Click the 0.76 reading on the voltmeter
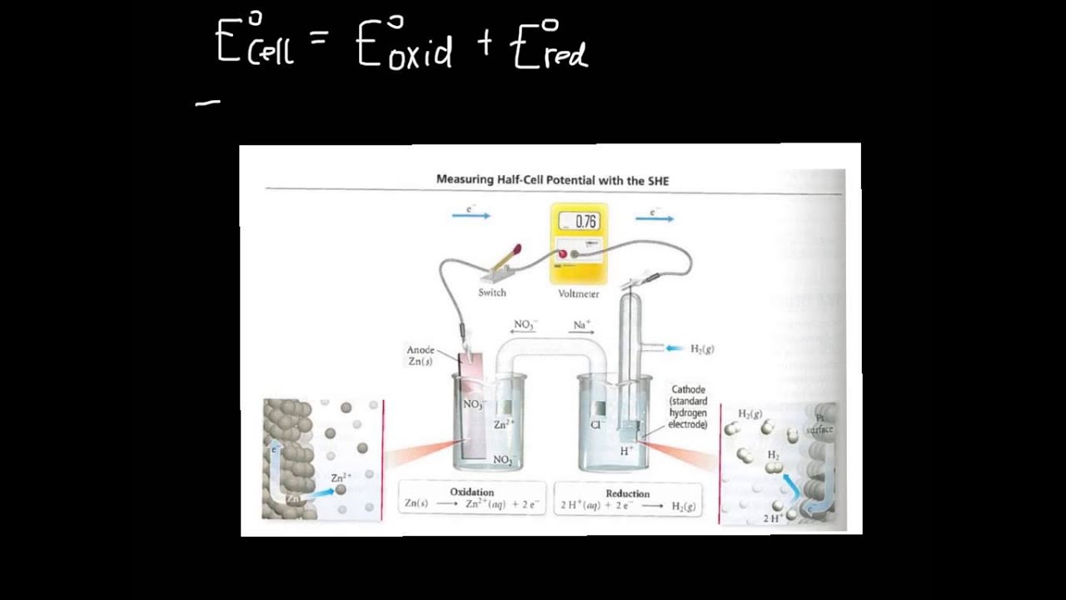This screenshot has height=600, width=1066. (585, 222)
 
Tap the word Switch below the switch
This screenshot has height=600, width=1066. (492, 292)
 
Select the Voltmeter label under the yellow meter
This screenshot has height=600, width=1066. (579, 294)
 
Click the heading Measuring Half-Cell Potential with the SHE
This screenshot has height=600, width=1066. (552, 179)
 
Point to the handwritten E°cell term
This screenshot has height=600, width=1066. (254, 42)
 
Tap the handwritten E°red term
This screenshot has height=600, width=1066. (550, 45)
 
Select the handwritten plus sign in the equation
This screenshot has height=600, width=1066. (485, 46)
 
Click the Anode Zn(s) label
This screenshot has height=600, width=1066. (421, 356)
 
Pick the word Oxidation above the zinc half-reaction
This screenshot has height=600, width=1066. (472, 492)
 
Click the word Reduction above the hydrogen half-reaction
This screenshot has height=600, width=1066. (627, 493)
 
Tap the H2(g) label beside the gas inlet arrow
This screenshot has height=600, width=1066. (702, 348)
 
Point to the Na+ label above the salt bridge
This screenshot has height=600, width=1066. (581, 324)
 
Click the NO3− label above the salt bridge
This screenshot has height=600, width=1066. (525, 324)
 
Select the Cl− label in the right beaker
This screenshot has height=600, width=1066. (596, 424)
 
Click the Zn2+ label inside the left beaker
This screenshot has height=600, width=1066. (504, 424)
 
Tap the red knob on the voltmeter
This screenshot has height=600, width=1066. (562, 254)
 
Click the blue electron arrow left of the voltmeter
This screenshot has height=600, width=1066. (471, 216)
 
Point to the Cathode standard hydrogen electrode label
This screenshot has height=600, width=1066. (688, 407)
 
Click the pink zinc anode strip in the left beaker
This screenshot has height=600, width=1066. (472, 400)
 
